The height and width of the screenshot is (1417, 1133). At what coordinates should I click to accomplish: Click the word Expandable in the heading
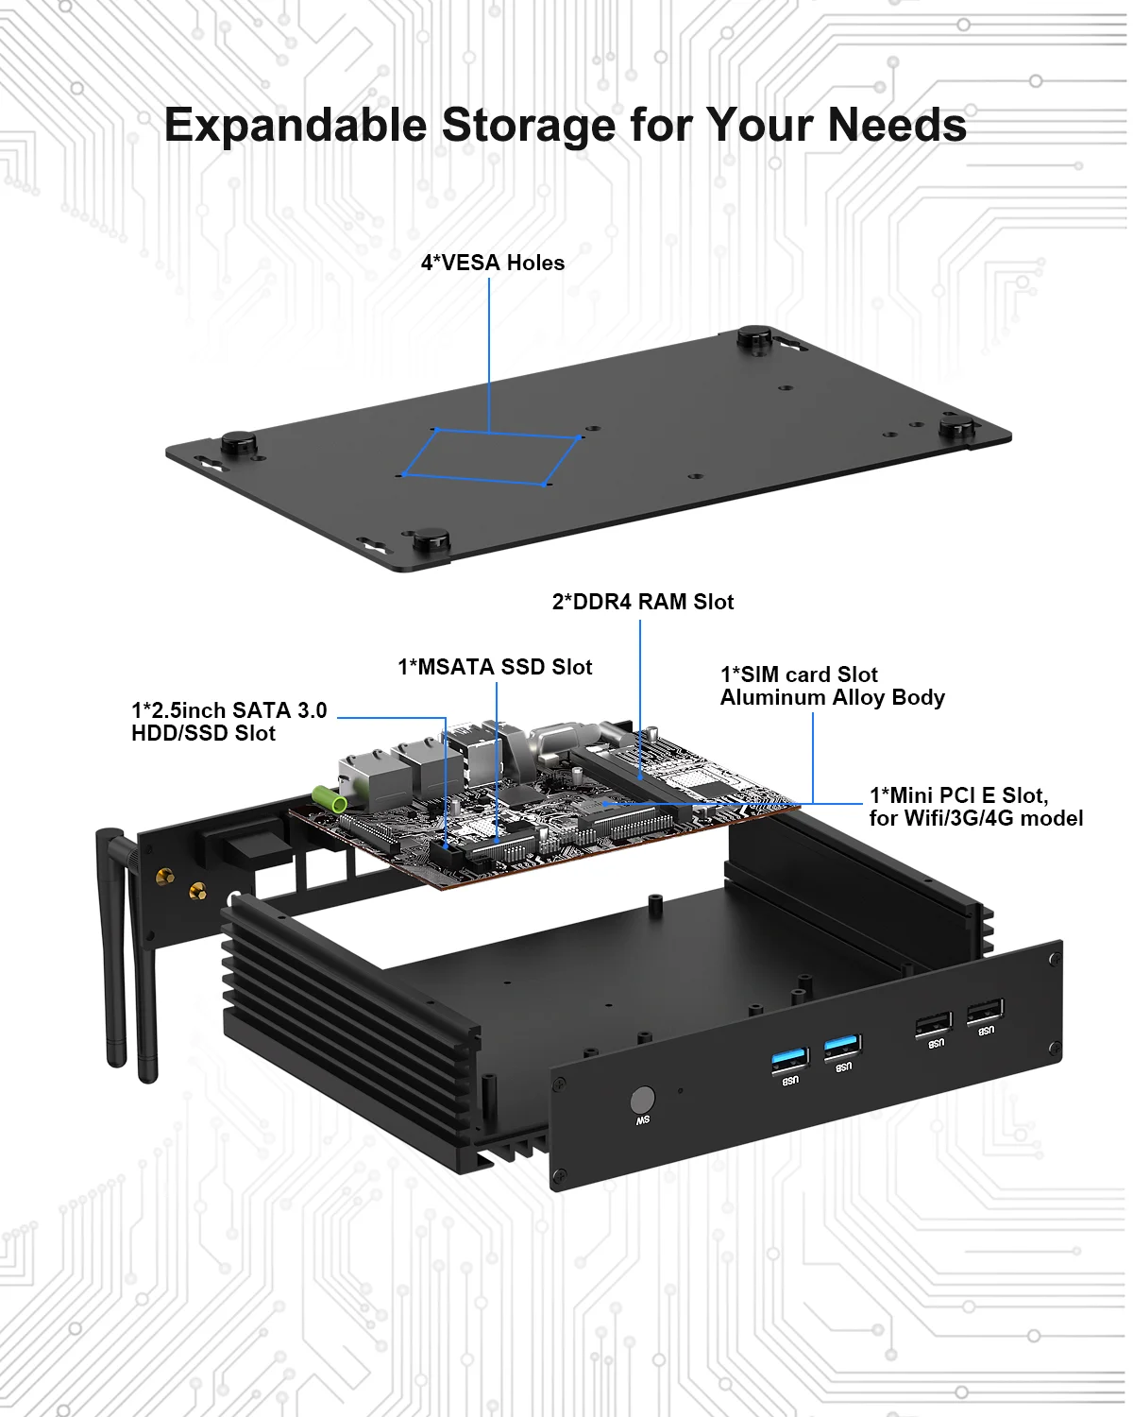click(x=296, y=126)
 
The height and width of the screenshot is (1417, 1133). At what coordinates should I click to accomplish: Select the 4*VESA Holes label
click(x=492, y=263)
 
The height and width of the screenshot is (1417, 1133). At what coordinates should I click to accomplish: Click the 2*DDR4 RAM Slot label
click(x=642, y=602)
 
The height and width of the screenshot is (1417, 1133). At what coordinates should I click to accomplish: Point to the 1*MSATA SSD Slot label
click(x=495, y=667)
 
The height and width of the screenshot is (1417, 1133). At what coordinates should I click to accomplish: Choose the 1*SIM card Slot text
click(x=799, y=674)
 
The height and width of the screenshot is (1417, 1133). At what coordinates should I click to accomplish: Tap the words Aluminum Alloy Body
click(x=832, y=697)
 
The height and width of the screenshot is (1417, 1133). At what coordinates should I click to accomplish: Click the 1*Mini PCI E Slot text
click(x=957, y=795)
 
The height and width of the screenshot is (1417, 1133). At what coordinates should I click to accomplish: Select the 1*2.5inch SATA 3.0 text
click(x=228, y=710)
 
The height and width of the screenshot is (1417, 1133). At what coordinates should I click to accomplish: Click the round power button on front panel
click(x=642, y=1101)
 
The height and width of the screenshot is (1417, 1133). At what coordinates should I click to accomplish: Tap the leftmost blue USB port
click(x=789, y=1058)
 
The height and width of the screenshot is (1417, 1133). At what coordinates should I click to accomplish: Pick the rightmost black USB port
click(x=985, y=1012)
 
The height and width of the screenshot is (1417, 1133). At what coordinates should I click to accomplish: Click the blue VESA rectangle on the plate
click(x=490, y=457)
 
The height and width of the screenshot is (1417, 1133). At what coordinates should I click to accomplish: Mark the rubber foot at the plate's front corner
click(x=431, y=540)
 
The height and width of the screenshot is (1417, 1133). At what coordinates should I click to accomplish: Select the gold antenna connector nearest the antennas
click(x=164, y=878)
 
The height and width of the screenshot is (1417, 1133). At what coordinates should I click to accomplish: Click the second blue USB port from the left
click(x=841, y=1047)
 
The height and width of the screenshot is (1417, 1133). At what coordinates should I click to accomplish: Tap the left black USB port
click(x=933, y=1024)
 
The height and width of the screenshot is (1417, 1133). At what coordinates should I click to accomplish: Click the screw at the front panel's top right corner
click(x=1054, y=959)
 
